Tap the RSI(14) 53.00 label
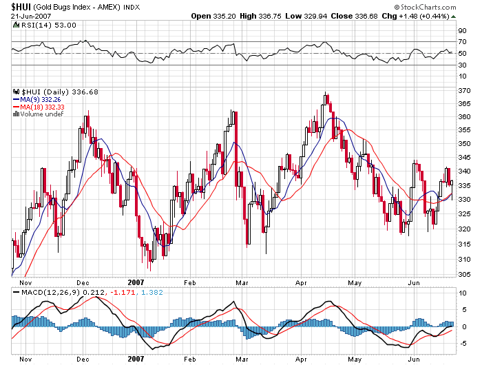pyautogui.click(x=40, y=25)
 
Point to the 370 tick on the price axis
pyautogui.click(x=465, y=90)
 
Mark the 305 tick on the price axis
pyautogui.click(x=465, y=273)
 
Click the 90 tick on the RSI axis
pyautogui.click(x=462, y=30)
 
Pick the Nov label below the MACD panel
pyautogui.click(x=25, y=359)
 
